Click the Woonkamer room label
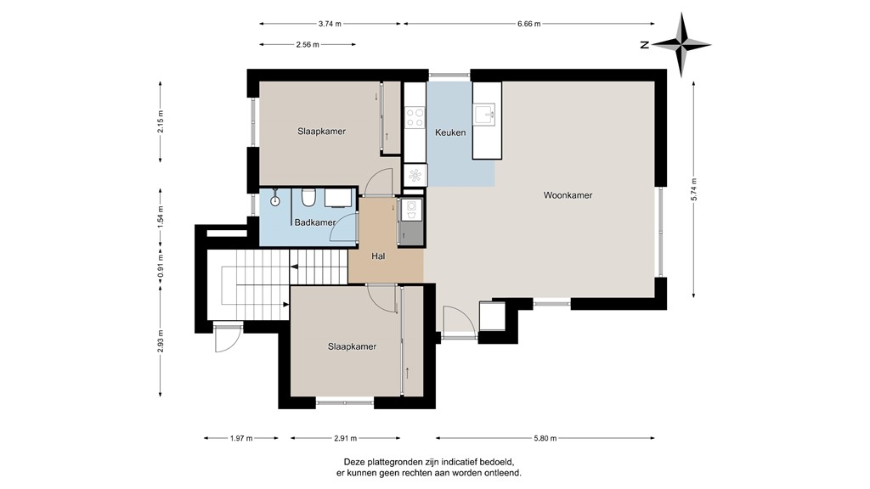(568, 195)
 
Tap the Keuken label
(450, 132)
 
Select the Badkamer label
(314, 223)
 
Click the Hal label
(381, 256)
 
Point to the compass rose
(684, 45)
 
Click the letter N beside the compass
(646, 45)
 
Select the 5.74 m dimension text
(694, 189)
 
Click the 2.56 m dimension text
(307, 45)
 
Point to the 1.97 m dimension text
(241, 438)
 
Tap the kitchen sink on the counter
(487, 114)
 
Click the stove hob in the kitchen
(415, 115)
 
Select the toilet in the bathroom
(308, 198)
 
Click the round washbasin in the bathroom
(274, 201)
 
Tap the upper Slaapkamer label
(321, 132)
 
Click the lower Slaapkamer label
(352, 346)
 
